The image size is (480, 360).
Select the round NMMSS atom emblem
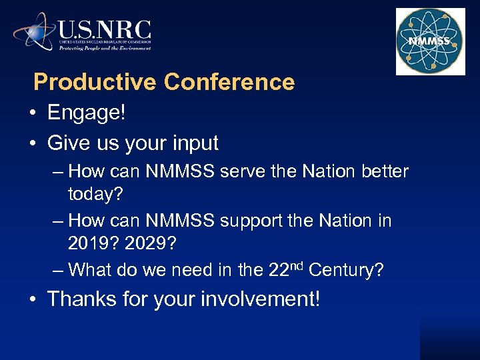(430, 41)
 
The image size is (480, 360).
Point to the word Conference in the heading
(229, 82)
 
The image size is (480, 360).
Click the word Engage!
(86, 113)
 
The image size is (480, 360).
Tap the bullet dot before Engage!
(33, 113)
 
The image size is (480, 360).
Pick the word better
(385, 171)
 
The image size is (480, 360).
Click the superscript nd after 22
(297, 265)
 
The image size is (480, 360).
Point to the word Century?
(347, 270)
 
